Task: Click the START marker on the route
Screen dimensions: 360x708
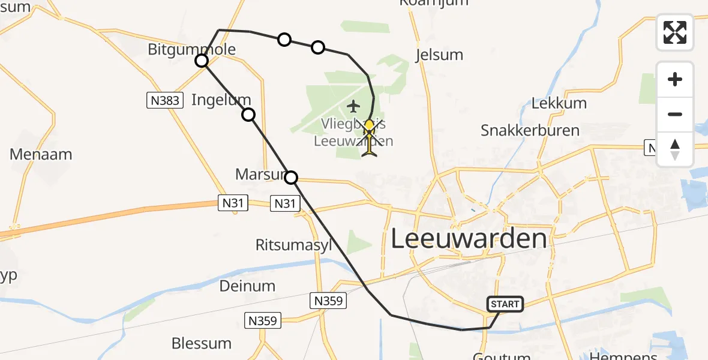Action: [505, 304]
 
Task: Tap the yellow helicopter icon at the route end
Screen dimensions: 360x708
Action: [369, 139]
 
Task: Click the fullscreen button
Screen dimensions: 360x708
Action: [675, 32]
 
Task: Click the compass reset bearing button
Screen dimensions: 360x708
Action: [675, 149]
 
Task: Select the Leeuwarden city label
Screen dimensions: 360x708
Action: [469, 239]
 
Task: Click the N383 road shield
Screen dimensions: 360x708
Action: [165, 101]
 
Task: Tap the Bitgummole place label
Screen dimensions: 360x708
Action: [191, 49]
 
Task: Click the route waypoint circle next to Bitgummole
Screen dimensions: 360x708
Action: [202, 61]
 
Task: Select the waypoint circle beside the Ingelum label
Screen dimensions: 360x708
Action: [248, 115]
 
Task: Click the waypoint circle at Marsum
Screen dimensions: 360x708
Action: [291, 178]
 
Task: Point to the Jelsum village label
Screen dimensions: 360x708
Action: [439, 55]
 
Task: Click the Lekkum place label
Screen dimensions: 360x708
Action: [559, 103]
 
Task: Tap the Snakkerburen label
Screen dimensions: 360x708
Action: [530, 130]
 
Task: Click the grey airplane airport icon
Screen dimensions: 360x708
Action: [353, 107]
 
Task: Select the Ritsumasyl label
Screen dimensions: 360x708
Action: [293, 245]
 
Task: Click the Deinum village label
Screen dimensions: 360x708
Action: [247, 286]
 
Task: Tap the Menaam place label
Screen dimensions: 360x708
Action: [41, 154]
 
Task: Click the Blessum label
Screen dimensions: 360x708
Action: [202, 344]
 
